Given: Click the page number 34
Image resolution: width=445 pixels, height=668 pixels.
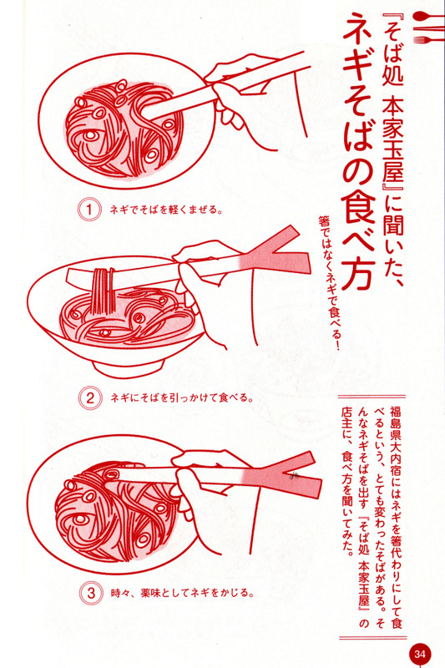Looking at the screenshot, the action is (x=420, y=654).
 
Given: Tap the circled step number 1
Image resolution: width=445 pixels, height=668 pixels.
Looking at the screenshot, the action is (x=89, y=210).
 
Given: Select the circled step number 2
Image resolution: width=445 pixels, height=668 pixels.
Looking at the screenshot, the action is (x=90, y=398).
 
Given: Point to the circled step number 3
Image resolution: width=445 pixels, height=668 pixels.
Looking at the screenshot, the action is (x=91, y=593).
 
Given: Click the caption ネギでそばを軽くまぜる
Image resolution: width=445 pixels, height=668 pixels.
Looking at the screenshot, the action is (x=165, y=210).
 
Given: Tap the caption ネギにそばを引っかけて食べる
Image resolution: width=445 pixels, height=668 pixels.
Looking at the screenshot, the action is (x=182, y=398).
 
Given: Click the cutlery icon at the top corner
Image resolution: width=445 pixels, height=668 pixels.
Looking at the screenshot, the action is (x=427, y=28).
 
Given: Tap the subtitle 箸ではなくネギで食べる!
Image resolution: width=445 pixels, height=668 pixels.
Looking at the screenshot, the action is (x=327, y=281).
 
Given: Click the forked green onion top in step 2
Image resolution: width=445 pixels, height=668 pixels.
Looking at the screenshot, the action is (x=276, y=256).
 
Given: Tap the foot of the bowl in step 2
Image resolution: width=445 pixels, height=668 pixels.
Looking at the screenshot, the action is (x=128, y=367).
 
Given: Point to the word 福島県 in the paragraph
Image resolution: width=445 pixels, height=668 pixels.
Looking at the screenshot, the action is (x=394, y=423).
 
